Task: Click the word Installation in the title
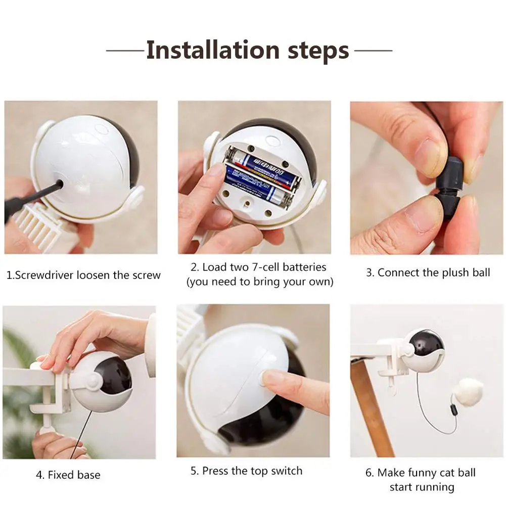[x=213, y=51]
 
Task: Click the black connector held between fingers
[x=449, y=187]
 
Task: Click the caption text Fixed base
[x=74, y=475]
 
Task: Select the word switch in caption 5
[x=287, y=471]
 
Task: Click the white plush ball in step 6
[x=470, y=391]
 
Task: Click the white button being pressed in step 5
[x=268, y=378]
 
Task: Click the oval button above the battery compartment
[x=272, y=140]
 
